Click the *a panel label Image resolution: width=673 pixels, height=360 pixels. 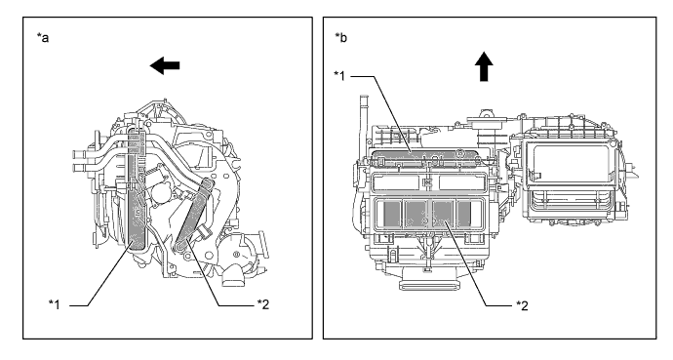(x=43, y=38)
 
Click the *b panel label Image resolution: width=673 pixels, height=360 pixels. (x=341, y=38)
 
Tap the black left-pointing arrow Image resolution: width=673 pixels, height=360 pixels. (x=165, y=65)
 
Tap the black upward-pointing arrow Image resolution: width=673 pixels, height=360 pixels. (x=484, y=66)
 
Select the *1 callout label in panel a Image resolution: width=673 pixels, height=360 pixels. (x=55, y=304)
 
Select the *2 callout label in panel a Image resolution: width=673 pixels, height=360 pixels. (x=263, y=304)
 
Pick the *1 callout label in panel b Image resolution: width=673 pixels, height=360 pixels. (x=340, y=76)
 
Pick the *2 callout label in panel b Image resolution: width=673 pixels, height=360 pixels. (x=522, y=305)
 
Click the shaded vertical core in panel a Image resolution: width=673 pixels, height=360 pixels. (x=137, y=189)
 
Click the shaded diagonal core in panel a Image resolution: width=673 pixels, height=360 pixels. (x=193, y=214)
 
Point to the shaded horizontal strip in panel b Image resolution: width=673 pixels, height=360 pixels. (x=425, y=158)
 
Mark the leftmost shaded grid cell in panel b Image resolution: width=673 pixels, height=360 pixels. (x=391, y=214)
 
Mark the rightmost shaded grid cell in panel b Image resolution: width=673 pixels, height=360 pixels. (x=464, y=214)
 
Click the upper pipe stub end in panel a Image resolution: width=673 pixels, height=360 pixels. (x=78, y=154)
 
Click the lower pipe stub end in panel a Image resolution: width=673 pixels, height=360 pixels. (x=78, y=168)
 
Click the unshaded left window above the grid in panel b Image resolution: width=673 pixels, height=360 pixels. (x=396, y=182)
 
